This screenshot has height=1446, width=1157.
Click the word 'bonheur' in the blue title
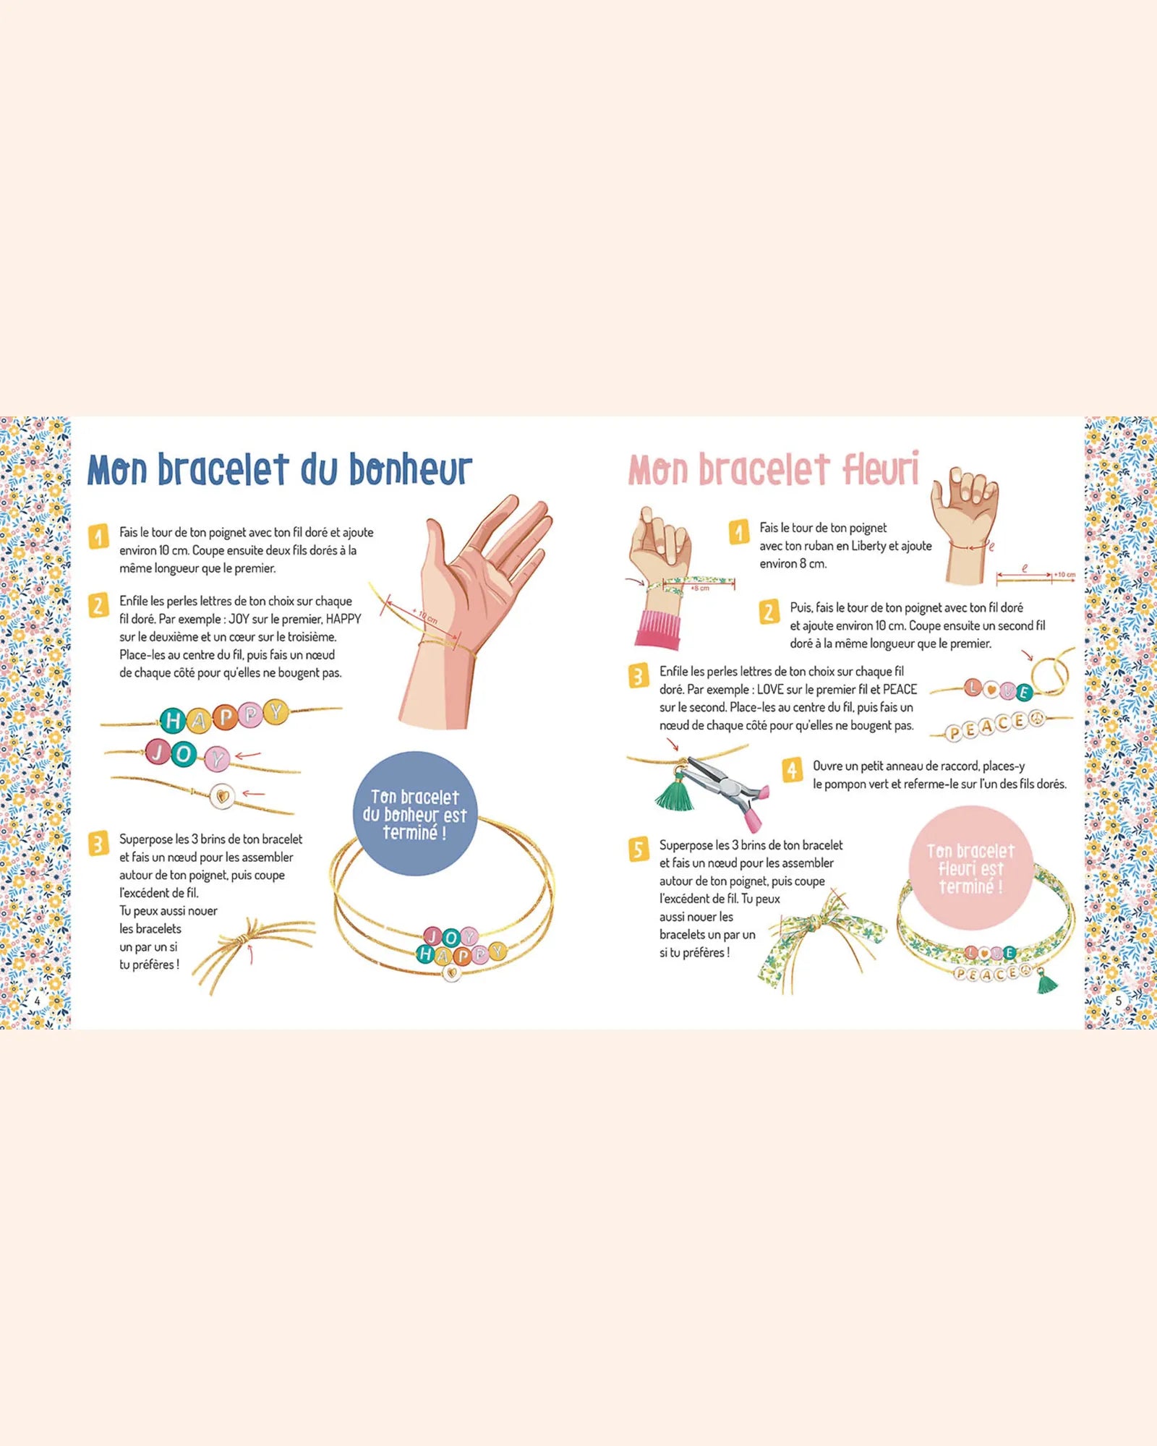pyautogui.click(x=411, y=470)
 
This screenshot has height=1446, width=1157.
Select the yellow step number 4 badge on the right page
pyautogui.click(x=792, y=770)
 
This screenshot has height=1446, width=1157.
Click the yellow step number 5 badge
pyautogui.click(x=638, y=850)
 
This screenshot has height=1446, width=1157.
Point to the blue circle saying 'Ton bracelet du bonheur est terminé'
pyautogui.click(x=415, y=814)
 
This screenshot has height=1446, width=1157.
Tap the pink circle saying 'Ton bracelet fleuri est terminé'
pyautogui.click(x=970, y=868)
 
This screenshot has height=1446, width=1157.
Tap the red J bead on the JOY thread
pyautogui.click(x=157, y=751)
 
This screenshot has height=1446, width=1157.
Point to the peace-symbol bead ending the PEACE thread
pyautogui.click(x=1036, y=719)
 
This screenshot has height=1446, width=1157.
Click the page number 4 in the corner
pyautogui.click(x=38, y=1001)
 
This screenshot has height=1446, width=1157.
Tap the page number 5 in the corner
pyautogui.click(x=1118, y=1001)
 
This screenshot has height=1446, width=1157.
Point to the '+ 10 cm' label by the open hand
pyautogui.click(x=424, y=617)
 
